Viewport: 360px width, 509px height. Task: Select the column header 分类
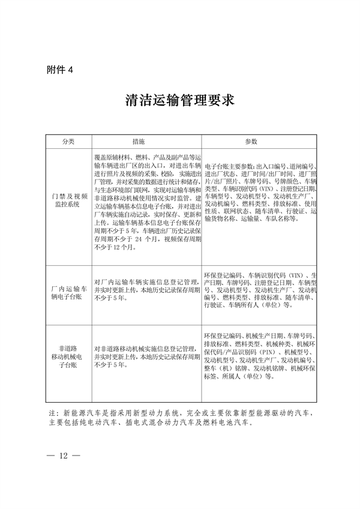68,141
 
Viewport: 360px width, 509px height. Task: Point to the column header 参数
251,141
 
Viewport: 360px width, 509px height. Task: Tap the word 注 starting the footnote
49,412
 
